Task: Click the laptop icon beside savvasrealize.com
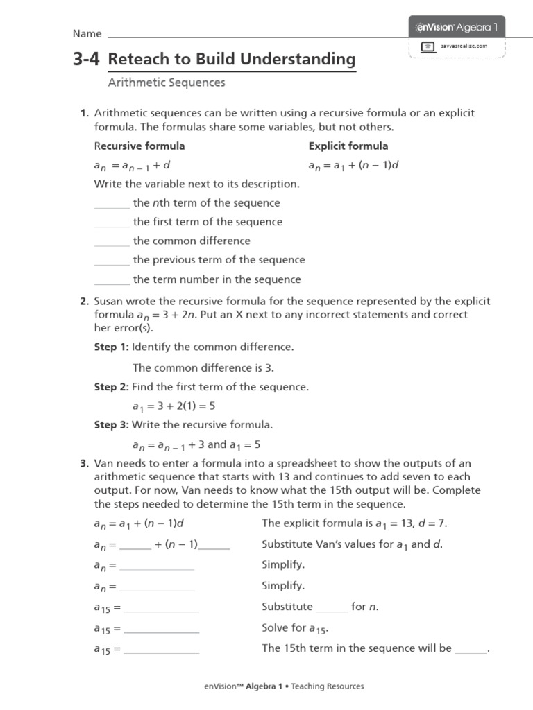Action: pyautogui.click(x=428, y=46)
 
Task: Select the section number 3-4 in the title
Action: pyautogui.click(x=86, y=60)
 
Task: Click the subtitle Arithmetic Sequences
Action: pyautogui.click(x=167, y=83)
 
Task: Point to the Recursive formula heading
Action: pyautogui.click(x=139, y=146)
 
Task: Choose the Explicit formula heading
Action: pyautogui.click(x=348, y=146)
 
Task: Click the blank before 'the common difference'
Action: pyautogui.click(x=112, y=245)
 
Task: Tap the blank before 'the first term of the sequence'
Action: pyautogui.click(x=112, y=227)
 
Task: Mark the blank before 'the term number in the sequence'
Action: pyautogui.click(x=112, y=284)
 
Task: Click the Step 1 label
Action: pyautogui.click(x=111, y=346)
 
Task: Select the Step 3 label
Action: pyautogui.click(x=111, y=424)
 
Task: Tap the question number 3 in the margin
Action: pyautogui.click(x=83, y=463)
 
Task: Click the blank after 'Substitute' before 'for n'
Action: pyautogui.click(x=332, y=611)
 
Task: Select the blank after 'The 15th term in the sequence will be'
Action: pyautogui.click(x=471, y=652)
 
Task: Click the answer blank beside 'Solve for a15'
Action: pyautogui.click(x=161, y=631)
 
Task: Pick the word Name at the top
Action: pyautogui.click(x=87, y=34)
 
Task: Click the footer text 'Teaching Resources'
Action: pyautogui.click(x=327, y=686)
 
